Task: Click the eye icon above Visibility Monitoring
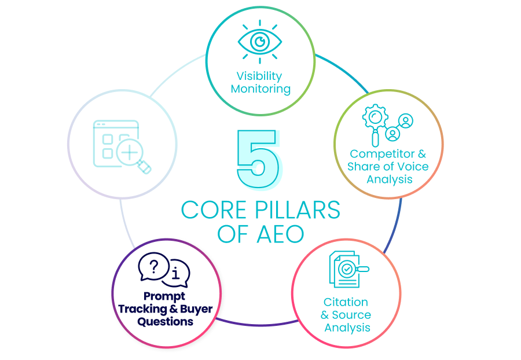coord(260,42)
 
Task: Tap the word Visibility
coord(259,76)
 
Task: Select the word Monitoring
coord(260,89)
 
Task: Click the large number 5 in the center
coord(259,159)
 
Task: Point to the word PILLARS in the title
coord(298,210)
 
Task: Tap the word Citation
coord(346,302)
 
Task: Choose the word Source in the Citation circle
coord(351,315)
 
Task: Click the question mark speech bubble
coord(153,266)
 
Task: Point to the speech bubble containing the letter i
coord(176,273)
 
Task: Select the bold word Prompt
coord(164,296)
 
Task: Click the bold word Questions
coord(165,321)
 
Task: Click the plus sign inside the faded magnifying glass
coord(130,153)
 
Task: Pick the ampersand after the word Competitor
coord(422,154)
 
